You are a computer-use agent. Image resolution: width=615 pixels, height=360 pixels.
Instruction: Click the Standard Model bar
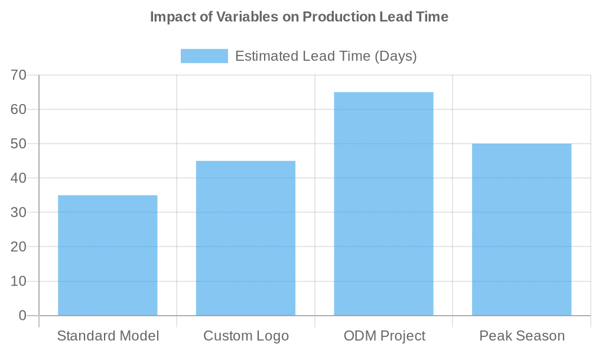(x=108, y=255)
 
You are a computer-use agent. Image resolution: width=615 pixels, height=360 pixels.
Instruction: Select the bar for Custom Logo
(x=246, y=238)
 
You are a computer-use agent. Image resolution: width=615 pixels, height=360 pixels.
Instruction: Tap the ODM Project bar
(x=383, y=204)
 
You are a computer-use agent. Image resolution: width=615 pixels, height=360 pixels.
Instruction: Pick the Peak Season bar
(x=522, y=229)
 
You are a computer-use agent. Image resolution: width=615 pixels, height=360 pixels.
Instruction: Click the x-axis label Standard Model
(x=108, y=336)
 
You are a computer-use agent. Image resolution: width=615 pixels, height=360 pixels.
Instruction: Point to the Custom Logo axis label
(x=246, y=336)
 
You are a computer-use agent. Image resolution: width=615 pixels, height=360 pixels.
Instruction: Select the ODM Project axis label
(x=384, y=336)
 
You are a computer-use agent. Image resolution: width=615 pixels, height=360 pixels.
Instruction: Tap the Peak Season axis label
(x=522, y=336)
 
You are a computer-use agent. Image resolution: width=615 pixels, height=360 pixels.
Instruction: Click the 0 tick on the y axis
(x=22, y=316)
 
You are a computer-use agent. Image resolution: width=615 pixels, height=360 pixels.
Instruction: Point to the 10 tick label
(x=18, y=281)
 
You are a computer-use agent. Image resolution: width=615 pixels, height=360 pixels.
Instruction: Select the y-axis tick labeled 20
(x=18, y=247)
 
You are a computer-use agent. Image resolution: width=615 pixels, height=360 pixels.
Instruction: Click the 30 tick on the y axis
(x=18, y=213)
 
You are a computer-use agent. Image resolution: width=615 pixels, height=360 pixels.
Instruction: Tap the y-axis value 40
(x=18, y=179)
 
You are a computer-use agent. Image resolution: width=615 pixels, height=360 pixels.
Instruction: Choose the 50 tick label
(x=18, y=144)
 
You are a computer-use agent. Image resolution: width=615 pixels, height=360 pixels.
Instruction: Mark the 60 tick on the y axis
(x=18, y=110)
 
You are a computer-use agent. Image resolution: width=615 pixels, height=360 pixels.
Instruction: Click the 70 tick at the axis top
(x=18, y=76)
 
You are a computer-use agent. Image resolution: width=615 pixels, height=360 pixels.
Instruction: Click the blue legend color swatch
(x=204, y=56)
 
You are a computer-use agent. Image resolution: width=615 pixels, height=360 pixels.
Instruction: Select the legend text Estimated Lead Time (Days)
(x=326, y=56)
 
